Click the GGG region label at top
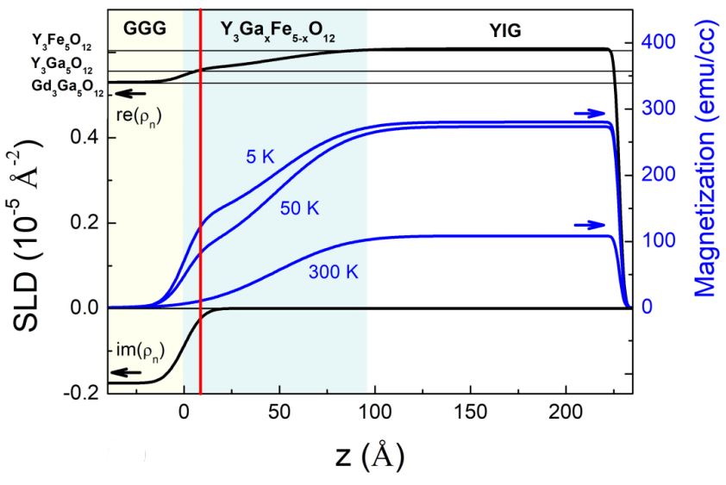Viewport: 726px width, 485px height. click(x=143, y=27)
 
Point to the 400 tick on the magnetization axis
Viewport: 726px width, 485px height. click(x=657, y=42)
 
